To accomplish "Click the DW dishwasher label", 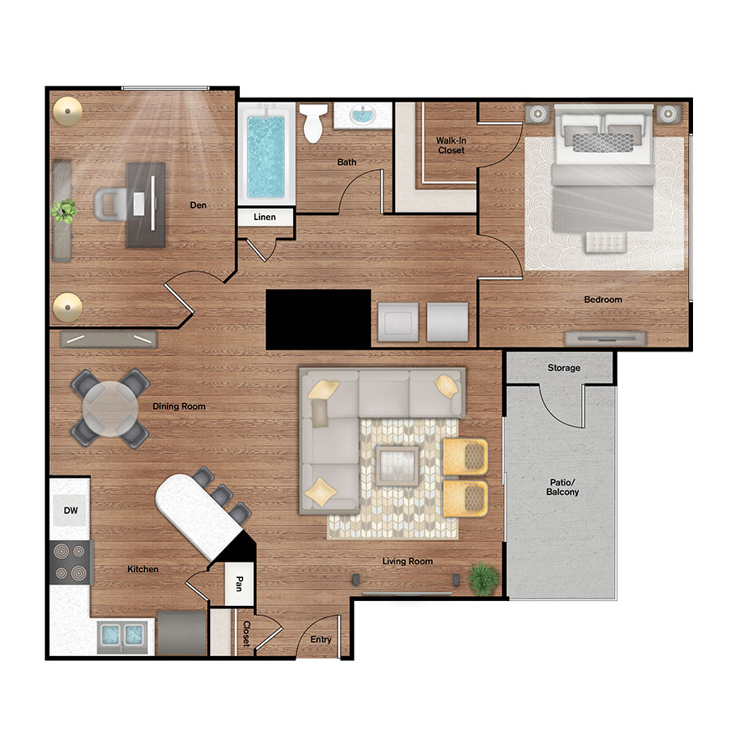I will [71, 511].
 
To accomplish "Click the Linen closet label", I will [264, 218].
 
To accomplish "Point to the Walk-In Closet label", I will [450, 145].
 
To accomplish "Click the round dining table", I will [110, 408].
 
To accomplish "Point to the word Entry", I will [321, 640].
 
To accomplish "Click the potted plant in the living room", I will [483, 577].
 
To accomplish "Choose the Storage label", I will [564, 368].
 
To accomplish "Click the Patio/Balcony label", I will [562, 487].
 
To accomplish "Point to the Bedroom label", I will [603, 300].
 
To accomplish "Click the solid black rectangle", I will [319, 319].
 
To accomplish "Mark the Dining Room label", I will [178, 406].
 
